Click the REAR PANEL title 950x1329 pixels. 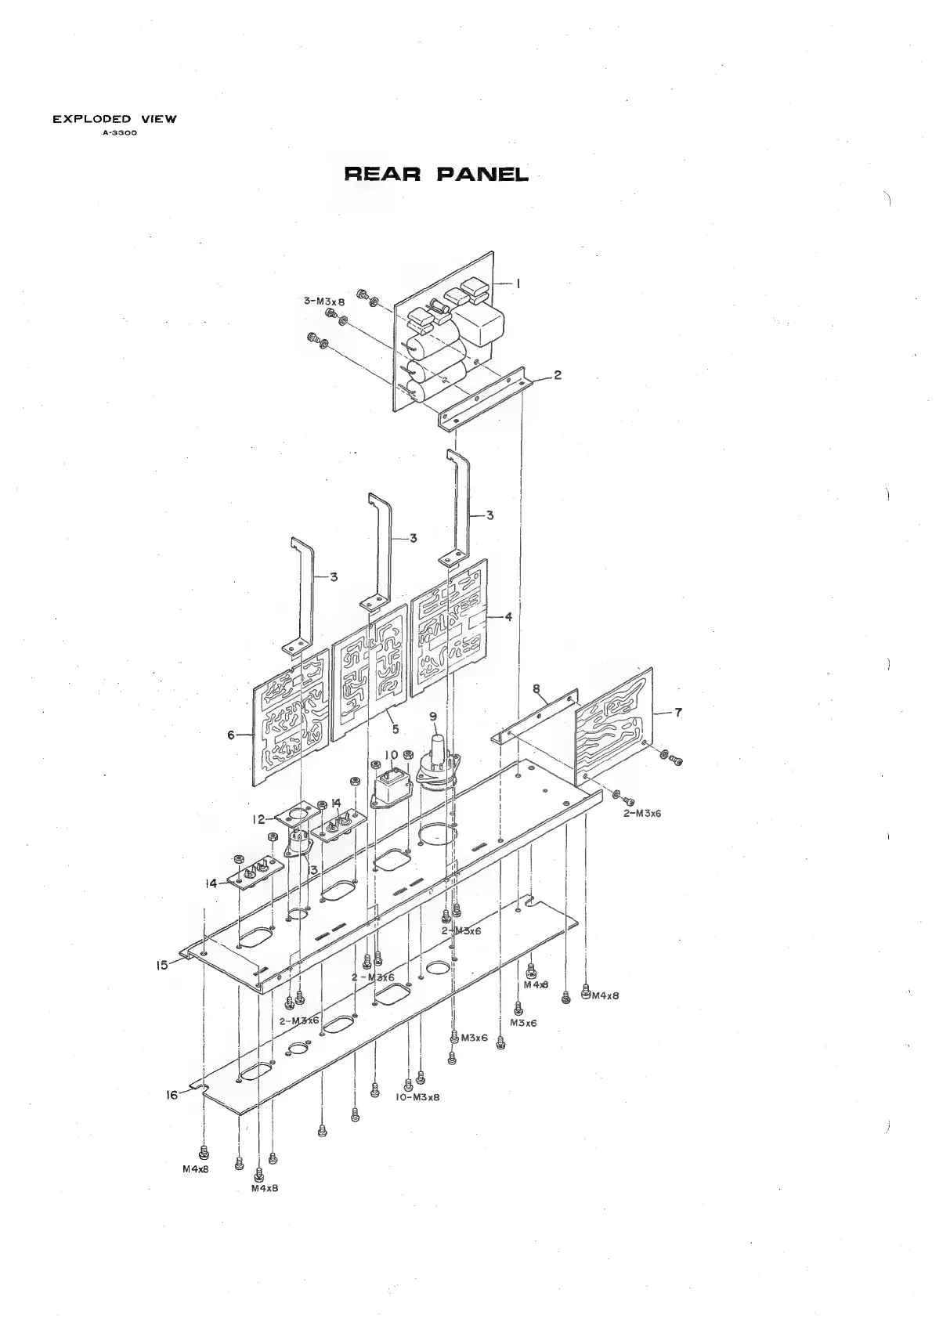click(x=436, y=174)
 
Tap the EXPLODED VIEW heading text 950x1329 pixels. click(x=114, y=119)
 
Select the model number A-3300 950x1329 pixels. click(x=115, y=132)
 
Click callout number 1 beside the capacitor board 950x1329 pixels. click(x=518, y=284)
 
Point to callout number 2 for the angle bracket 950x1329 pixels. click(x=557, y=375)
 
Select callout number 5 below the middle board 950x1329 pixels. click(x=396, y=729)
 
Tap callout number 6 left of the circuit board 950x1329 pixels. click(x=231, y=735)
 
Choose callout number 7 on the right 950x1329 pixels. click(x=678, y=712)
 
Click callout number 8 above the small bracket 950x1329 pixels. click(x=536, y=689)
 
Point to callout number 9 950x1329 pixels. click(x=432, y=716)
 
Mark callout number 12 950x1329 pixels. click(x=258, y=820)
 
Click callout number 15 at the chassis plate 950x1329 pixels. click(x=162, y=966)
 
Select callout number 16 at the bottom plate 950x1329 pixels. click(x=172, y=1096)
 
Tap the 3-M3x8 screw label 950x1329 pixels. click(x=324, y=301)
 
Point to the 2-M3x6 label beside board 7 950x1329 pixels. click(x=642, y=813)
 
